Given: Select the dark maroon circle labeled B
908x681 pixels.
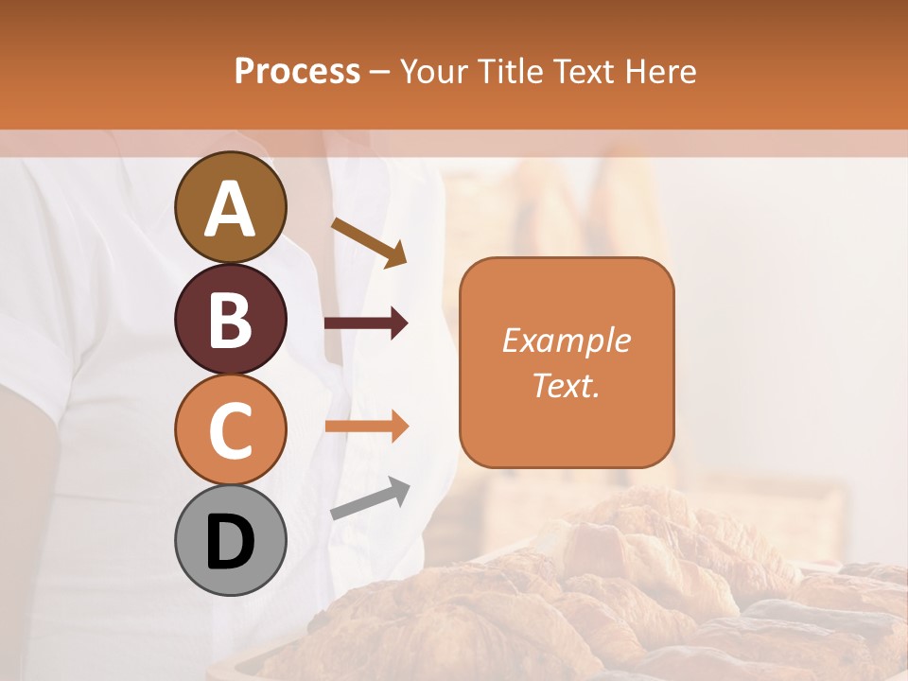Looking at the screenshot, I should pyautogui.click(x=231, y=320).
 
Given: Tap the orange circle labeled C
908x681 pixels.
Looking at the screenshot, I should pyautogui.click(x=231, y=430).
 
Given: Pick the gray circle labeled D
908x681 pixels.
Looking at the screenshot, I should pyautogui.click(x=231, y=541).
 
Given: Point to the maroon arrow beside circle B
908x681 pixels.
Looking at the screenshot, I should pyautogui.click(x=366, y=323).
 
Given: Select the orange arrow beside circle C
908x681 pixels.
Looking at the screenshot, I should pyautogui.click(x=366, y=427).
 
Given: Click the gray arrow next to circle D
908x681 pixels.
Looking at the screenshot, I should pyautogui.click(x=369, y=499).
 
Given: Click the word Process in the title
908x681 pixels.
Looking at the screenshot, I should pyautogui.click(x=297, y=71).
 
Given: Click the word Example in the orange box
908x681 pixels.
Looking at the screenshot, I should pyautogui.click(x=566, y=340).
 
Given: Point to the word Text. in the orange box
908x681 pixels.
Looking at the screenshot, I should pyautogui.click(x=566, y=385).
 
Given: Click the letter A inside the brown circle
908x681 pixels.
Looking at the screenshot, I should pyautogui.click(x=231, y=209).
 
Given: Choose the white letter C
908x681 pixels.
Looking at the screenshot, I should pyautogui.click(x=231, y=431).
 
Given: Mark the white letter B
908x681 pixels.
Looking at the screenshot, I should pyautogui.click(x=231, y=321).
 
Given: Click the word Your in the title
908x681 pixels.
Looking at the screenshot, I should pyautogui.click(x=430, y=71).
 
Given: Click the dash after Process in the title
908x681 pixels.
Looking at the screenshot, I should pyautogui.click(x=379, y=73).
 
